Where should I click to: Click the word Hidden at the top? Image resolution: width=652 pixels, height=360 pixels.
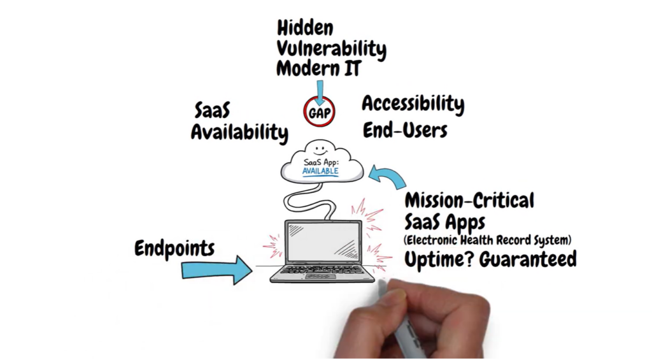pos(305,28)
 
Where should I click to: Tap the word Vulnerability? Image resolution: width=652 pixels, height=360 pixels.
pos(331,48)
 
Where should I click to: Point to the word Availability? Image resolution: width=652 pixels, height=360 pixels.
pos(239,133)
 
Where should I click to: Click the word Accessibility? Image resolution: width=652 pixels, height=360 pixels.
pos(413,104)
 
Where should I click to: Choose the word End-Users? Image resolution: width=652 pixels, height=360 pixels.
pos(405,131)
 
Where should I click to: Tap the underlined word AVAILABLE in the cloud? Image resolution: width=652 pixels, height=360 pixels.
pos(321,172)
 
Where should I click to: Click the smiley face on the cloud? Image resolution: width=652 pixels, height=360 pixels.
pos(320,151)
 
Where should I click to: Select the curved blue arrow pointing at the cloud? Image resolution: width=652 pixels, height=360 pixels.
pos(386,177)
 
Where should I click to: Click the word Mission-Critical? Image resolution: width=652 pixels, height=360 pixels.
pos(469,201)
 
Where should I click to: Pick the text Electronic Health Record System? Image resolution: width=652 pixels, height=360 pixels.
pos(488,240)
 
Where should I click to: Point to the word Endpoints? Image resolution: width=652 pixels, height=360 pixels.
pos(174,248)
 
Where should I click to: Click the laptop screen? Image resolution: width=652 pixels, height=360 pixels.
pos(322,241)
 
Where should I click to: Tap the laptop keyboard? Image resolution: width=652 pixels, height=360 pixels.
pos(323,270)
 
